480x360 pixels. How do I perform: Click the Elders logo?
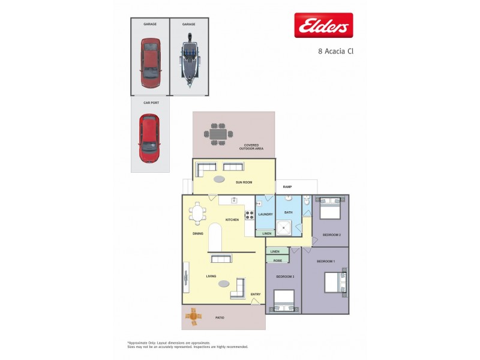[323, 26]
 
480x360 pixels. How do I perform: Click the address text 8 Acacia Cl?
[335, 51]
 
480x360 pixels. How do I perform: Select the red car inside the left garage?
[151, 62]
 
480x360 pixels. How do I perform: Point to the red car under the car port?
[149, 139]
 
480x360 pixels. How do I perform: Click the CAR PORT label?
[151, 103]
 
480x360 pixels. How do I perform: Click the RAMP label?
[287, 187]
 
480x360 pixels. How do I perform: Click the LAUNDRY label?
[265, 214]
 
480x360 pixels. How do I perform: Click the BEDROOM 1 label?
[325, 261]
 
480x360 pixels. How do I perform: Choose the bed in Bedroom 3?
[284, 301]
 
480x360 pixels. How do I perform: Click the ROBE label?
[277, 260]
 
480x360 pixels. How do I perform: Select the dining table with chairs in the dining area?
[198, 213]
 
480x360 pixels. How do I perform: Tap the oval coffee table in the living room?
[223, 283]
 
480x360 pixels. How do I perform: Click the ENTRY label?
[256, 294]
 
